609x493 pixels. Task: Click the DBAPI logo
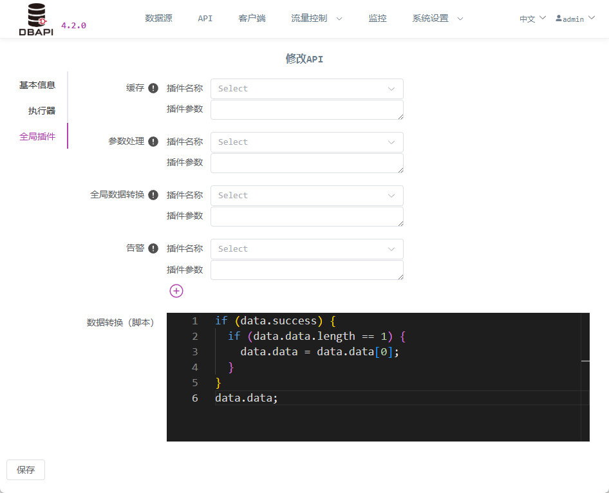click(x=36, y=19)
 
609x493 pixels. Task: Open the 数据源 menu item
click(x=158, y=18)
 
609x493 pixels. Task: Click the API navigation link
click(x=205, y=18)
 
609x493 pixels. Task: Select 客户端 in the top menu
click(x=252, y=18)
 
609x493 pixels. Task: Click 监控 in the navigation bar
click(x=377, y=18)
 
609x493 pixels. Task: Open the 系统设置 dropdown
click(x=438, y=18)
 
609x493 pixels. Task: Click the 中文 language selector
click(x=532, y=19)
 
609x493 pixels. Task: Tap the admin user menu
click(x=576, y=19)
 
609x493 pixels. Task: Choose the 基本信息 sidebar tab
click(x=37, y=85)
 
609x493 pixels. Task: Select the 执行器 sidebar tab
click(x=42, y=111)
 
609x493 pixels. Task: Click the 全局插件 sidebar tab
click(x=37, y=136)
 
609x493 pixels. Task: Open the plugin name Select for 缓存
click(x=307, y=89)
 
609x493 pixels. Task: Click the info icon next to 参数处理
click(x=153, y=142)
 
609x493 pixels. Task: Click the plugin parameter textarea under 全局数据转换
click(x=307, y=217)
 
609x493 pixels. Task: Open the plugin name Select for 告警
click(x=307, y=249)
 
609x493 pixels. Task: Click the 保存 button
click(x=26, y=470)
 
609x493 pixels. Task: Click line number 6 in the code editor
click(x=195, y=398)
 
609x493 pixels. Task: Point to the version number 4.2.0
click(x=74, y=26)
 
